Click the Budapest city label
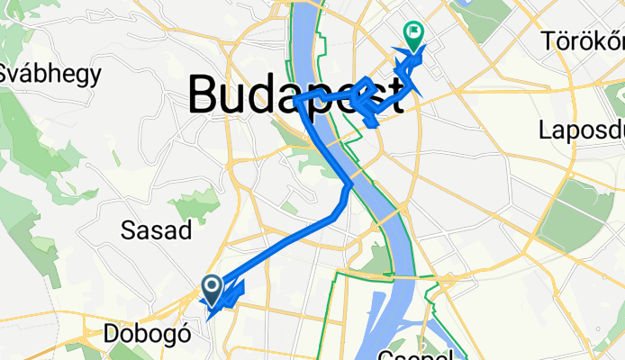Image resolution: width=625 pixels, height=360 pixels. pyautogui.click(x=295, y=93)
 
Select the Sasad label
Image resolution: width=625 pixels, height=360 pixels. pyautogui.click(x=156, y=230)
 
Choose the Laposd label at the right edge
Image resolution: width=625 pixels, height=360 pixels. pyautogui.click(x=580, y=130)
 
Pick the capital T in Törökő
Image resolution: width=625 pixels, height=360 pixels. pyautogui.click(x=549, y=41)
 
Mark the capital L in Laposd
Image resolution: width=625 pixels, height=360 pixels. pyautogui.click(x=546, y=130)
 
